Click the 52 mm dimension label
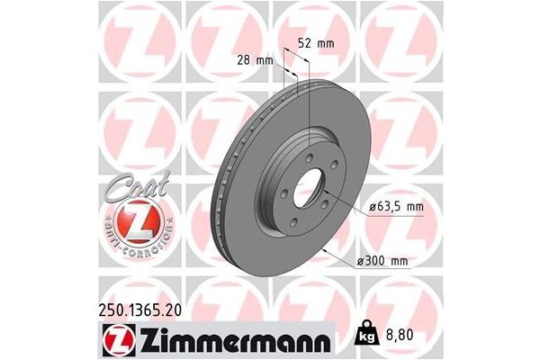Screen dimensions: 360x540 coord(311,42)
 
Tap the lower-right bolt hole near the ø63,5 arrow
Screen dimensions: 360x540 coord(326,209)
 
